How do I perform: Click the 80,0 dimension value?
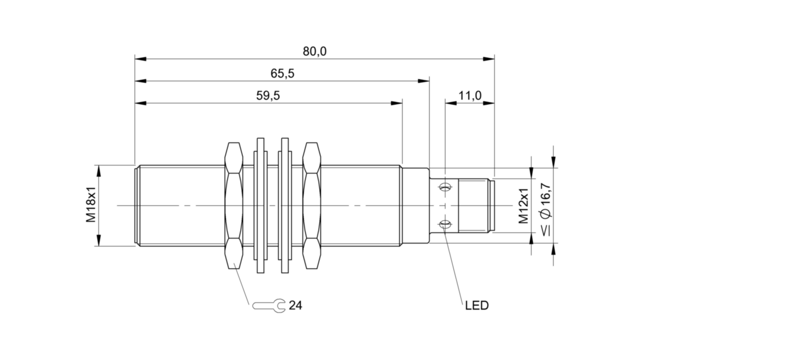314,51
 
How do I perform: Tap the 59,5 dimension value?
267,96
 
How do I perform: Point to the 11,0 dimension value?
470,96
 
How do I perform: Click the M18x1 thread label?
91,205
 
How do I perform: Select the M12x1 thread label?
524,205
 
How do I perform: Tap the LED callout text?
477,306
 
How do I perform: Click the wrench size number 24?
295,306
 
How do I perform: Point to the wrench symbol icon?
269,306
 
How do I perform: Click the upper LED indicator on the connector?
445,187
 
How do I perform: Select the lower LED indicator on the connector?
445,224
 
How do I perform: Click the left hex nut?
235,205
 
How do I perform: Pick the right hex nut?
312,205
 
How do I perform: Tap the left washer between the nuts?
261,205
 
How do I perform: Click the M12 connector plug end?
476,205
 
